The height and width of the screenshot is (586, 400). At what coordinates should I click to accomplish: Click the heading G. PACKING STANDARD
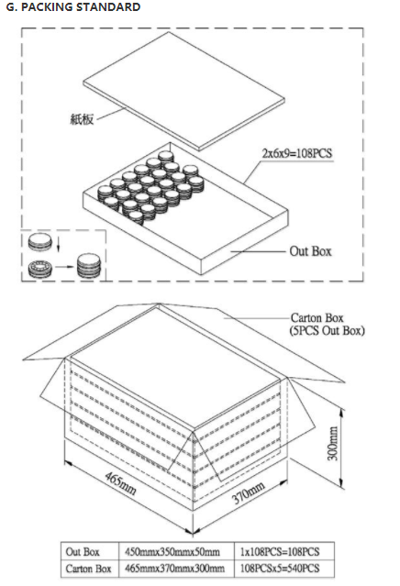coord(73,6)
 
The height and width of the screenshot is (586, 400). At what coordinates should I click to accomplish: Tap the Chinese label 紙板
coord(82,119)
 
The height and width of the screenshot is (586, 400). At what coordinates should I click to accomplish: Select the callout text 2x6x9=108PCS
coord(297,153)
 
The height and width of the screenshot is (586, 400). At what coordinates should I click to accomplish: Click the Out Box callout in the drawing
coord(310,251)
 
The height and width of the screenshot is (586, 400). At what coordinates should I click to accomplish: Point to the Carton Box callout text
coord(317,317)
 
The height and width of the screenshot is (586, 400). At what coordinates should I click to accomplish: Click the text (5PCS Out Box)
coord(328,331)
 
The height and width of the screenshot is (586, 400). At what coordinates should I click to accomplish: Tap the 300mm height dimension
coord(332,443)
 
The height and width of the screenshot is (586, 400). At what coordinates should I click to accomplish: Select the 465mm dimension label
coord(120,483)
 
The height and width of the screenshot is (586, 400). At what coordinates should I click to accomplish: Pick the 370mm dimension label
coord(249,492)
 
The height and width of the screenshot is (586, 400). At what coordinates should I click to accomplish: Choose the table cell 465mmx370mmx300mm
coord(175,569)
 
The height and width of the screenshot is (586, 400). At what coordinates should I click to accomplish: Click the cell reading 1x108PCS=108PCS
coord(280,552)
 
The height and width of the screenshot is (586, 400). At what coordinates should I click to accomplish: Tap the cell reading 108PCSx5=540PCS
coord(280,569)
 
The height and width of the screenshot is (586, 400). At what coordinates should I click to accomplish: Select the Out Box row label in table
coord(83,552)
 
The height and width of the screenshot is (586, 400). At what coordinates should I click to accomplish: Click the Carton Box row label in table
coord(88,569)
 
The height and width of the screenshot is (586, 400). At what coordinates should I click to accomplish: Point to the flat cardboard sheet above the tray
coord(183,91)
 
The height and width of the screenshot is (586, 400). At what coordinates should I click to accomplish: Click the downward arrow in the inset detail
coord(59,245)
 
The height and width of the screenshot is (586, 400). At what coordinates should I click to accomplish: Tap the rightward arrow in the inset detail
coord(64,267)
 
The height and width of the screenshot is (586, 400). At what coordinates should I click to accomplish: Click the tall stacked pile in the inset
coord(89,266)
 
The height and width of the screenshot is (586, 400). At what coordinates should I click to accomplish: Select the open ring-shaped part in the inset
coord(39,269)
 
